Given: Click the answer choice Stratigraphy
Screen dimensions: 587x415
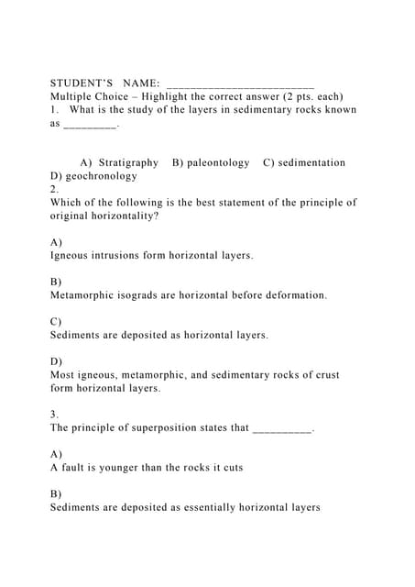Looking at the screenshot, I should (x=128, y=162).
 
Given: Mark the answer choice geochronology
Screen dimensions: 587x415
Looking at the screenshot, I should (x=102, y=175).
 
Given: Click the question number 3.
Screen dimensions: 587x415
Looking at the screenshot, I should (x=54, y=414).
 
